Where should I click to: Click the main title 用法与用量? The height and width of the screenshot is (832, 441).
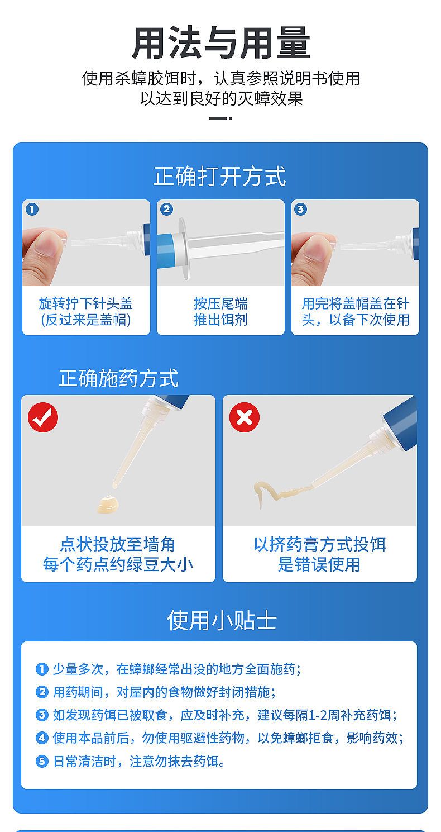(221, 43)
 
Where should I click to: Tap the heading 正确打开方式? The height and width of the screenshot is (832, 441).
(220, 175)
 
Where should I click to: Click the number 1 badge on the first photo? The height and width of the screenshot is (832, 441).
(32, 210)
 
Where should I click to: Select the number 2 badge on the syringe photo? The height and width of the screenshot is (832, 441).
(167, 210)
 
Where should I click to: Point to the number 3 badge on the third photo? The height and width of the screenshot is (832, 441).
(301, 210)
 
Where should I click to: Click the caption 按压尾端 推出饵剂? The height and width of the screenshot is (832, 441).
(220, 311)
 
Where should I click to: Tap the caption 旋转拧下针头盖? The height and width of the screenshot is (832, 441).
(86, 303)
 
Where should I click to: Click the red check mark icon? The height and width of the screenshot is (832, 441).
(43, 417)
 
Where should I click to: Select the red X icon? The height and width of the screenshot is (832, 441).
(245, 417)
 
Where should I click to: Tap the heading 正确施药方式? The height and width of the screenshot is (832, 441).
(119, 378)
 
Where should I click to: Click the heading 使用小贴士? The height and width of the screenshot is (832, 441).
(222, 620)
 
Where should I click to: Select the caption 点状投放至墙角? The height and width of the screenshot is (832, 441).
(118, 544)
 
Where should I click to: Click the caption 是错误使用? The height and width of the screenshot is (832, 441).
(319, 564)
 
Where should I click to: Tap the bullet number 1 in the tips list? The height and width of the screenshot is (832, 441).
(42, 669)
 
